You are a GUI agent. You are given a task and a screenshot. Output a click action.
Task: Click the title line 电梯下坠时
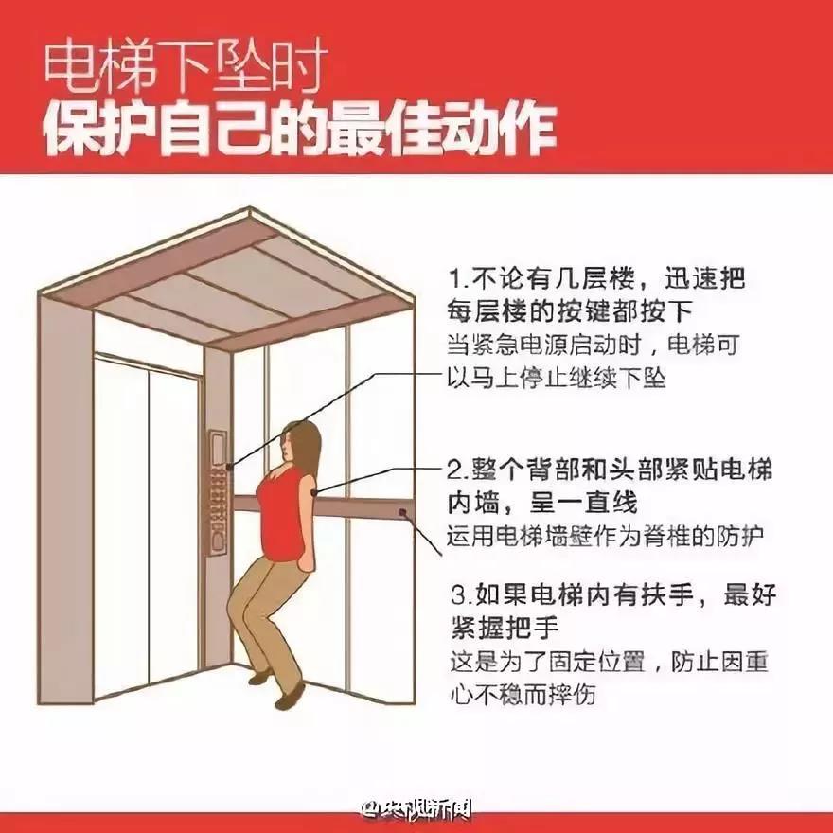pyautogui.click(x=185, y=69)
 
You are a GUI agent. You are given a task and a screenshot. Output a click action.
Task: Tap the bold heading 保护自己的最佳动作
pyautogui.click(x=300, y=130)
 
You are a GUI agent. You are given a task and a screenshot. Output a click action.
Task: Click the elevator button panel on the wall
pyautogui.click(x=219, y=492)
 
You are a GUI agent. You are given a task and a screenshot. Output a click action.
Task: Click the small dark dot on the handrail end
pyautogui.click(x=402, y=512)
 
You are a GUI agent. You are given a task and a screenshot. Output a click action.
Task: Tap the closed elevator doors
pyautogui.click(x=147, y=523)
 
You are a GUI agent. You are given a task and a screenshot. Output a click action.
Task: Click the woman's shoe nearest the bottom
pyautogui.click(x=290, y=697)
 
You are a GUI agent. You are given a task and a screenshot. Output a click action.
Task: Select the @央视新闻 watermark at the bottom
pyautogui.click(x=416, y=809)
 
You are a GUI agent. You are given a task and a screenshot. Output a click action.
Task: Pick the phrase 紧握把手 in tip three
pyautogui.click(x=505, y=628)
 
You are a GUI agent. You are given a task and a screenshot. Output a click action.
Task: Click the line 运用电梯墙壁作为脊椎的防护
pyautogui.click(x=605, y=536)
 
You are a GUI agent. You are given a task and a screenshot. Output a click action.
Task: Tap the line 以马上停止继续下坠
pyautogui.click(x=556, y=379)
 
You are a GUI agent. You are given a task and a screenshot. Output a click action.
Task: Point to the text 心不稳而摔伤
pyautogui.click(x=523, y=694)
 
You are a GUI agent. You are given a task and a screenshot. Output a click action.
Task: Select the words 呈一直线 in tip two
pyautogui.click(x=583, y=503)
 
